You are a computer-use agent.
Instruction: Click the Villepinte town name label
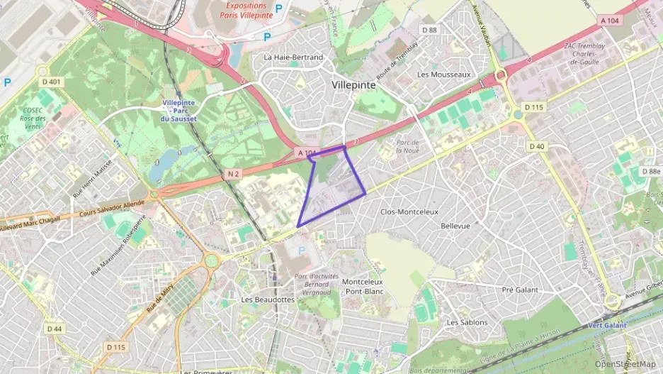click(x=353, y=84)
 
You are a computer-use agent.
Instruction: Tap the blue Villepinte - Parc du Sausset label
click(x=178, y=111)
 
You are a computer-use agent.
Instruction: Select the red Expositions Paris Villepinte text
click(x=243, y=10)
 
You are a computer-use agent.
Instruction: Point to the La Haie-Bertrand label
click(x=293, y=57)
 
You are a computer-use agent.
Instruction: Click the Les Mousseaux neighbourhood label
click(x=443, y=74)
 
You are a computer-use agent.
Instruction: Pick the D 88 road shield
click(x=429, y=30)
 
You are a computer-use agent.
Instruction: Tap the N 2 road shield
click(x=234, y=173)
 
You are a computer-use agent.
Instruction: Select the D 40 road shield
click(x=536, y=146)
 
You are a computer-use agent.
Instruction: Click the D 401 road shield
click(x=52, y=82)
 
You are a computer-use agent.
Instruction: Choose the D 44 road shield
click(x=54, y=329)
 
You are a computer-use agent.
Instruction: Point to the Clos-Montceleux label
click(x=409, y=211)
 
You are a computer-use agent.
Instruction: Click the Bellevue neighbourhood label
click(x=455, y=226)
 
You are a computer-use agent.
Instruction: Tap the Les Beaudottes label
click(x=267, y=299)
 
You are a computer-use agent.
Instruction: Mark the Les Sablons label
click(x=467, y=322)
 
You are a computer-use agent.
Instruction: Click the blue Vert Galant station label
click(x=607, y=325)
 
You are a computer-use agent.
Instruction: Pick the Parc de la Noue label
click(x=407, y=146)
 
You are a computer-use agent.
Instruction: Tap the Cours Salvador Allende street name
click(x=112, y=207)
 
